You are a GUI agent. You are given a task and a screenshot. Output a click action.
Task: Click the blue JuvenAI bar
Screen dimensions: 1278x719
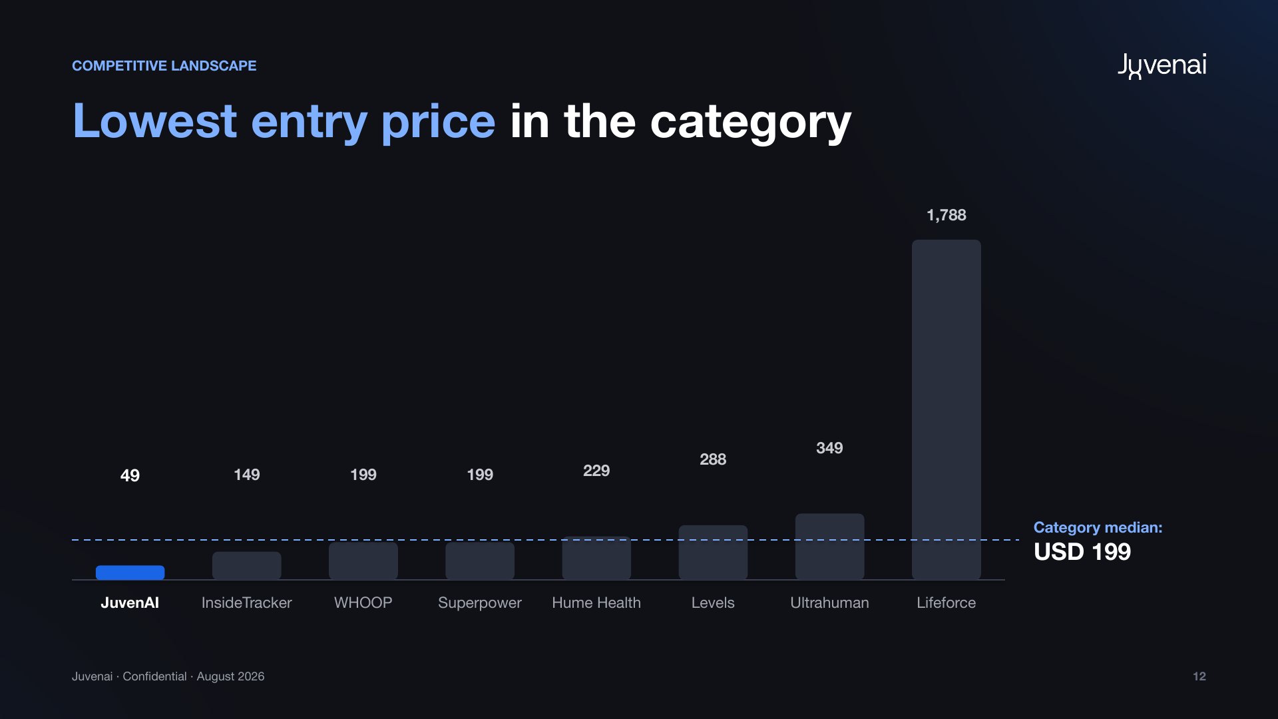pos(130,573)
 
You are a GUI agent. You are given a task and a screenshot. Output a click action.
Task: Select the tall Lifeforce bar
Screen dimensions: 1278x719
pos(946,409)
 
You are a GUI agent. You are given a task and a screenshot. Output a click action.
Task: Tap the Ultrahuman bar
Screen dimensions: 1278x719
pos(829,547)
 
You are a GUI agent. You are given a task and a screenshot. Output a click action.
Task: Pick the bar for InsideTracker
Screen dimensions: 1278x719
pos(246,566)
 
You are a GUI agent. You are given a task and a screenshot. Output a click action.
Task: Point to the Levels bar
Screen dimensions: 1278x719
pos(713,553)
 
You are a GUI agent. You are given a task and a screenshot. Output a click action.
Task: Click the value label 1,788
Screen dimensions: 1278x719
pos(946,215)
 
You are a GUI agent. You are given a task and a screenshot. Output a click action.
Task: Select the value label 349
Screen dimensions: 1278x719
pos(829,448)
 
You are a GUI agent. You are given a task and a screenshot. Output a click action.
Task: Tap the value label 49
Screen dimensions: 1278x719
pos(130,475)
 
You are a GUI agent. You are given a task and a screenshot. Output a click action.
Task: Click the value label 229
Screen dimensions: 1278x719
pos(596,471)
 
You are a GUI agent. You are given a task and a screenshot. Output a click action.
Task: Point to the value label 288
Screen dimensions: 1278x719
pos(713,459)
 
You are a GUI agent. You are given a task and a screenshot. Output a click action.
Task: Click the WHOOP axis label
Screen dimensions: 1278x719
pos(363,602)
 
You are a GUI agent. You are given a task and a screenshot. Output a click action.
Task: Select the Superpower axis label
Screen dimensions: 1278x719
pos(480,603)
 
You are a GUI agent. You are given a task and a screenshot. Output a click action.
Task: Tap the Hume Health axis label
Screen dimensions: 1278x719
pos(596,602)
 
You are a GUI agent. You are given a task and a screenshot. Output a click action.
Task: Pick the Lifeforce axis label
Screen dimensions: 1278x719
pos(946,602)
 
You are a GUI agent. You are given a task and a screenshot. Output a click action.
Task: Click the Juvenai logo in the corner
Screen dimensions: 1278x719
pos(1162,66)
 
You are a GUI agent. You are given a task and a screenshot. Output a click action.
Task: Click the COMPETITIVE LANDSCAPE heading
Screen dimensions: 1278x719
pos(164,66)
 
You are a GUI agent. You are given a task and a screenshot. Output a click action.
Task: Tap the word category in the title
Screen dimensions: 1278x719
pos(751,122)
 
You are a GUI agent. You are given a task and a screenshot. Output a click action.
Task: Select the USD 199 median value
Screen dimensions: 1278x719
pos(1082,552)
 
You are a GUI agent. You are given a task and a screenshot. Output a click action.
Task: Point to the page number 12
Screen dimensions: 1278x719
pos(1199,676)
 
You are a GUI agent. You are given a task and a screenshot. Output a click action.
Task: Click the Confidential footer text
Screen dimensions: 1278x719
pos(154,676)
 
